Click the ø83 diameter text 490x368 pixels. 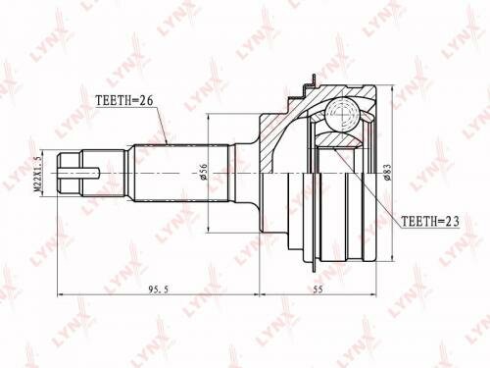pyautogui.click(x=388, y=173)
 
